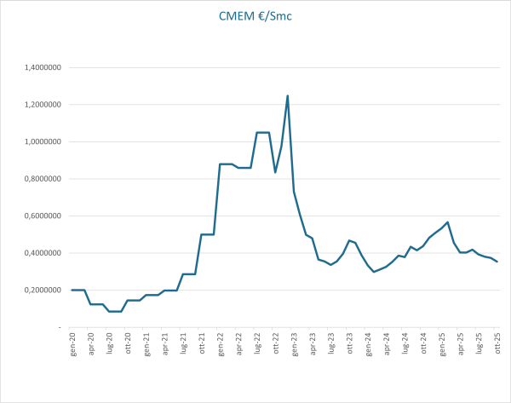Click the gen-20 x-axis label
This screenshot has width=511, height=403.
(x=72, y=343)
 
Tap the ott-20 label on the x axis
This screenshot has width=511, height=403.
(x=128, y=343)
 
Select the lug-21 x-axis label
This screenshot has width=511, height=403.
(x=183, y=343)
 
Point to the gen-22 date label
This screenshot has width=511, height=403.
(x=221, y=343)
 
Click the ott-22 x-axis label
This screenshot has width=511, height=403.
(x=276, y=343)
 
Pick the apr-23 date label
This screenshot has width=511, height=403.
(x=313, y=343)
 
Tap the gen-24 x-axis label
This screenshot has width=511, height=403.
(x=368, y=343)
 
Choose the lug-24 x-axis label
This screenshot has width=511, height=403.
(x=405, y=343)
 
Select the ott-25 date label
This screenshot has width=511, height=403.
(x=497, y=343)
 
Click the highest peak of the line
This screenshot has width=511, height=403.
(x=288, y=95)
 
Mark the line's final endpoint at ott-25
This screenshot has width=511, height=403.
(x=497, y=262)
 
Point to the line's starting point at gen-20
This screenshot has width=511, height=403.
(x=72, y=290)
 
